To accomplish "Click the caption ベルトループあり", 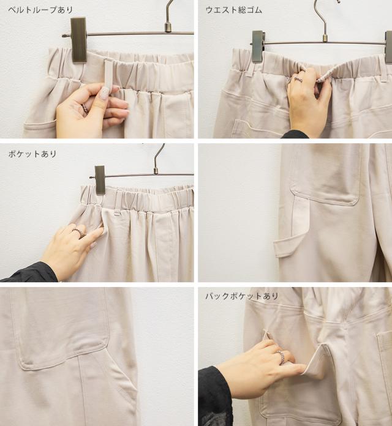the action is (x=40, y=10).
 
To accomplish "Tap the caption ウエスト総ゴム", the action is (x=234, y=10).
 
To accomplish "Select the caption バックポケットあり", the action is (x=242, y=296).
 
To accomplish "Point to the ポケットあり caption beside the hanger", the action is (x=32, y=154).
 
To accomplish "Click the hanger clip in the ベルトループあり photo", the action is (x=79, y=40).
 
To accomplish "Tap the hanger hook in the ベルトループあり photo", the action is (x=170, y=15).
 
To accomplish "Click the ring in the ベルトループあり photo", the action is (x=85, y=108).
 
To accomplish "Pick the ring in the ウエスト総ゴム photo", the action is (x=298, y=80).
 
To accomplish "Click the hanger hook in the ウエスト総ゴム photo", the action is (x=323, y=19).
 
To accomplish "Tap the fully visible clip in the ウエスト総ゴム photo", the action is (x=258, y=46).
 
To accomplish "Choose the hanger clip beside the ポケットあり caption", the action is (x=100, y=180).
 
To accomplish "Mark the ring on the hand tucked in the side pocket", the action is (x=78, y=233).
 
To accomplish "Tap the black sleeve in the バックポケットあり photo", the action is (x=214, y=397).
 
